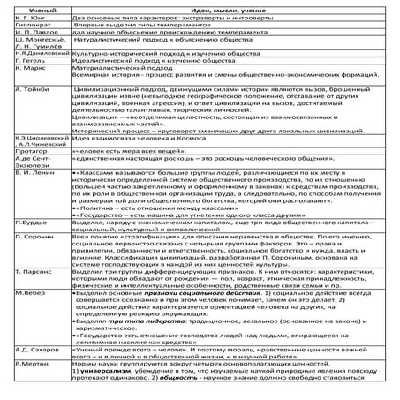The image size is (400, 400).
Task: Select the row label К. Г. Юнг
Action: coord(22,15)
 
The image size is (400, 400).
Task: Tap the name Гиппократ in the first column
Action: coord(23,26)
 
